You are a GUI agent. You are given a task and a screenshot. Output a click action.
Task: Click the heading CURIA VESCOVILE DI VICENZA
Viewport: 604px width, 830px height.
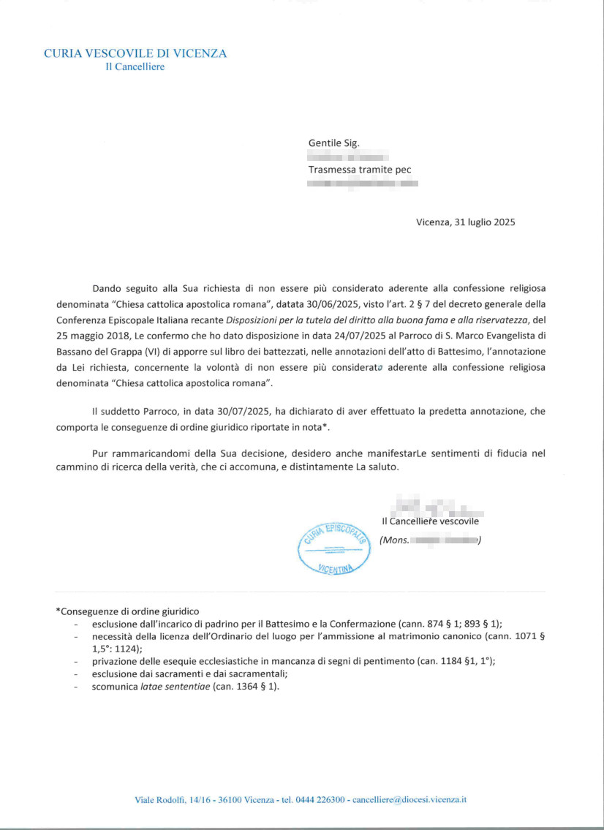pos(135,53)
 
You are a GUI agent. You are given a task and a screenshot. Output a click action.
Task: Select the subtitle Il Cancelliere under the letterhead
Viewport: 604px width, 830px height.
pos(135,67)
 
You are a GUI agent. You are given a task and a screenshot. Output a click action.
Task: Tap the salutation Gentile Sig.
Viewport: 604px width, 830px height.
pos(334,143)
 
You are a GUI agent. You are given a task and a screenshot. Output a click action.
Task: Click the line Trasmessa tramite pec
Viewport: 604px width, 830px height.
pos(359,170)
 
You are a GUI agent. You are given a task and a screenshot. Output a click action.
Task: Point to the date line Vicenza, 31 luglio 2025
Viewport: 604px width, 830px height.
pos(466,222)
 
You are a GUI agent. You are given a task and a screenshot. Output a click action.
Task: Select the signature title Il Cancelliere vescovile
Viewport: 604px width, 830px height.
pos(430,521)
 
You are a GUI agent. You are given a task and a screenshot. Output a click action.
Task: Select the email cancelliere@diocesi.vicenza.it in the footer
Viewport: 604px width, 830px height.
pos(409,799)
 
